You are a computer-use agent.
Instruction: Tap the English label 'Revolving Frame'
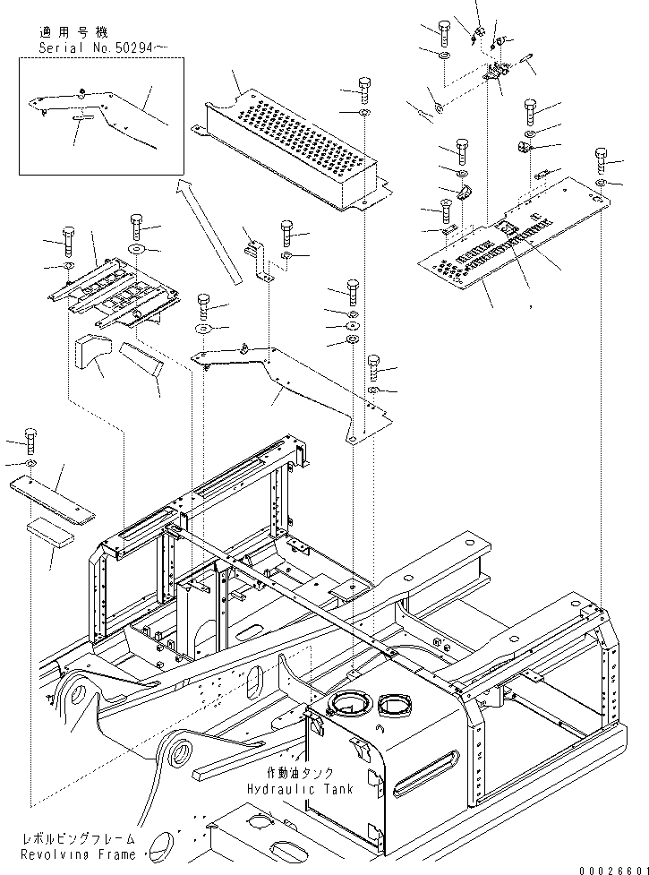(78, 854)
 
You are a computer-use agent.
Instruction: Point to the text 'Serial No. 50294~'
(103, 48)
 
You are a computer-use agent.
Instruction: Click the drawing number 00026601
(613, 870)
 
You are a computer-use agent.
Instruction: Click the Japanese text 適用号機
(74, 31)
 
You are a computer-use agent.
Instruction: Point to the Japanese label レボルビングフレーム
(79, 838)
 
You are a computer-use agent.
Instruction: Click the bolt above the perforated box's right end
(363, 90)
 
